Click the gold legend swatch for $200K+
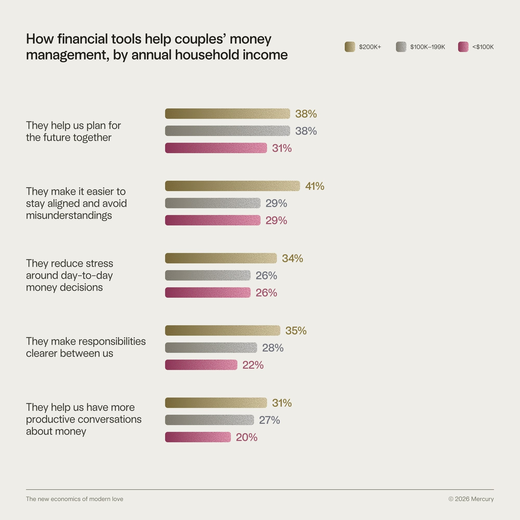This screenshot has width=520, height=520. tap(350, 47)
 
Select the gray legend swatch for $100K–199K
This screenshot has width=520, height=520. tap(401, 47)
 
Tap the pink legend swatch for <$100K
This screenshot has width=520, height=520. tap(463, 47)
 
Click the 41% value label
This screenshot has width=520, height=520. tap(314, 186)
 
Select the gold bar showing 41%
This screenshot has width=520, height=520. tap(232, 186)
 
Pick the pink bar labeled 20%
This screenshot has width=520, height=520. tap(198, 437)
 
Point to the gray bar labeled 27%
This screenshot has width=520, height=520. tap(209, 420)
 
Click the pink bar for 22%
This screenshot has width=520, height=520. tap(201, 365)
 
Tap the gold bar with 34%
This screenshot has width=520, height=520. tap(221, 258)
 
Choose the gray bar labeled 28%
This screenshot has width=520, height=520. tap(211, 348)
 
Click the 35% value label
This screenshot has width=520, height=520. tap(296, 330)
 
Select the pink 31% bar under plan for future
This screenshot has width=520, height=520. tap(216, 148)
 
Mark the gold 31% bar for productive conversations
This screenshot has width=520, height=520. tap(216, 403)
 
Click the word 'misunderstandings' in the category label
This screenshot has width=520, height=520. tap(69, 215)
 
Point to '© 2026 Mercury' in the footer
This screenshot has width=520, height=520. tap(471, 499)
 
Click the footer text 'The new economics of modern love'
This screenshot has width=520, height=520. tap(75, 499)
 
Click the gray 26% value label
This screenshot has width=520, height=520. tap(266, 276)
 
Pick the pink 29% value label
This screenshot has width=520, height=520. tap(276, 220)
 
